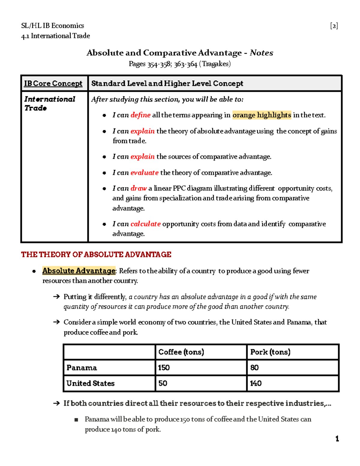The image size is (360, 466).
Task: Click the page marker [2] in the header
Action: click(334, 26)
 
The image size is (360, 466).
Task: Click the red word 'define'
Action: click(140, 115)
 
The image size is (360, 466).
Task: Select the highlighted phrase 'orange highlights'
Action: click(262, 115)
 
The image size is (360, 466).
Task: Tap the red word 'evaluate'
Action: click(144, 173)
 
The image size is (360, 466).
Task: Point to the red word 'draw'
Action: click(138, 188)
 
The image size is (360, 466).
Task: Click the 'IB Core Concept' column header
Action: click(53, 83)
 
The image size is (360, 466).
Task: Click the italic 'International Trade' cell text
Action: click(49, 104)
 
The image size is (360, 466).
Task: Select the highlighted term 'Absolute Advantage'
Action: click(79, 271)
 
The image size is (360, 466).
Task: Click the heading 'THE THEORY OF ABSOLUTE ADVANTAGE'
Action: click(96, 255)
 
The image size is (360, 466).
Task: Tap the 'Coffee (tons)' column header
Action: click(181, 352)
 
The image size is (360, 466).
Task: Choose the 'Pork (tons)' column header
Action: click(270, 352)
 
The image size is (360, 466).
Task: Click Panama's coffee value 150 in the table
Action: click(164, 368)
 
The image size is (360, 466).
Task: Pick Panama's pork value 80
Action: click(254, 368)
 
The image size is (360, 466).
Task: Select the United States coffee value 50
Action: click(163, 383)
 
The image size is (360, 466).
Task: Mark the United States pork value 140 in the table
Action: click(256, 383)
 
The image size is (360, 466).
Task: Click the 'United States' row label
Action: click(90, 383)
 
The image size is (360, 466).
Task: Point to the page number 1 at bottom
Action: click(337, 439)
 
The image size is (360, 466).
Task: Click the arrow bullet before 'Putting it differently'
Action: click(56, 297)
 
